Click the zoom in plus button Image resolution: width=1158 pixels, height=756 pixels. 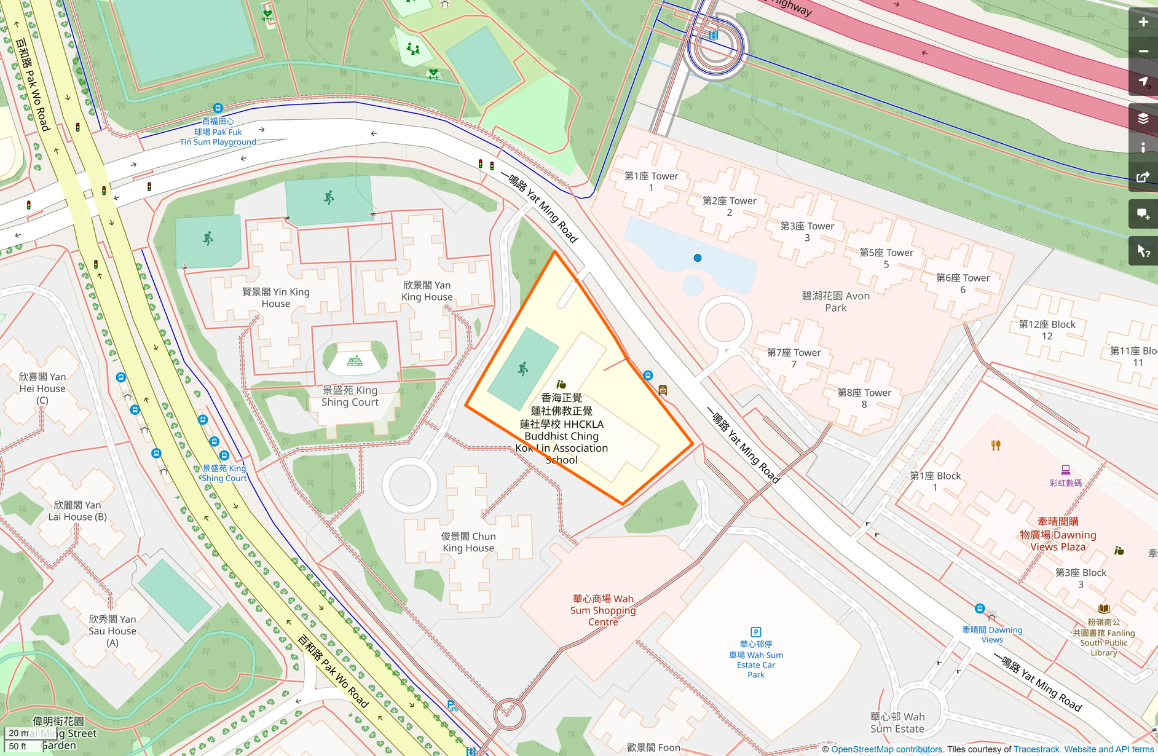pos(1143,22)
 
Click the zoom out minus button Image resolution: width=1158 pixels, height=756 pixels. pos(1143,52)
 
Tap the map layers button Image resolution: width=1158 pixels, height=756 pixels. pos(1143,119)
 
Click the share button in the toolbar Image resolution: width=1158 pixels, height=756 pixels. pos(1143,178)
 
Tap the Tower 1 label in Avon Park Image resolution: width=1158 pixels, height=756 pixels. pos(651,181)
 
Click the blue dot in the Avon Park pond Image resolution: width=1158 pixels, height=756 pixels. pos(697,258)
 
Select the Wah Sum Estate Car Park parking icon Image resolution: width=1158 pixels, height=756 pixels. pos(756,632)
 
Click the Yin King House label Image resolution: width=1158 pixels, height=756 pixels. pos(276,297)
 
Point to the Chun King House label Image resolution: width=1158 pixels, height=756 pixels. pos(468,542)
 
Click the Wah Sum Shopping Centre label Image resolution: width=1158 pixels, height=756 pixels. pos(602,610)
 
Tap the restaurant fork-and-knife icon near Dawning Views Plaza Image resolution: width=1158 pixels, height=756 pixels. pos(996,446)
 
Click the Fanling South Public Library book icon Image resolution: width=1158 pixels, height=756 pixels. pos(1104,609)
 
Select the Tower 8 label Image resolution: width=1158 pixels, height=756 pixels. pos(864,398)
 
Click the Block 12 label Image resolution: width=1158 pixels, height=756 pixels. pos(1047,330)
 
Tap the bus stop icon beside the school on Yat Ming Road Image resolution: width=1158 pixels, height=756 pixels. pos(648,375)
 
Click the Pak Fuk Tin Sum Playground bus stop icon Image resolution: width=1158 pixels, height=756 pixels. pos(218,108)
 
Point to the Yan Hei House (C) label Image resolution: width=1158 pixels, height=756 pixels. pos(42,388)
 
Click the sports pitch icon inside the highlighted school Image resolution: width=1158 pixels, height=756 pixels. pos(523,369)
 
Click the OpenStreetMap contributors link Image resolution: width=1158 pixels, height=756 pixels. pos(886,749)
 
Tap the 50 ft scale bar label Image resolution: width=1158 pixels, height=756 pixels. pos(18,746)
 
